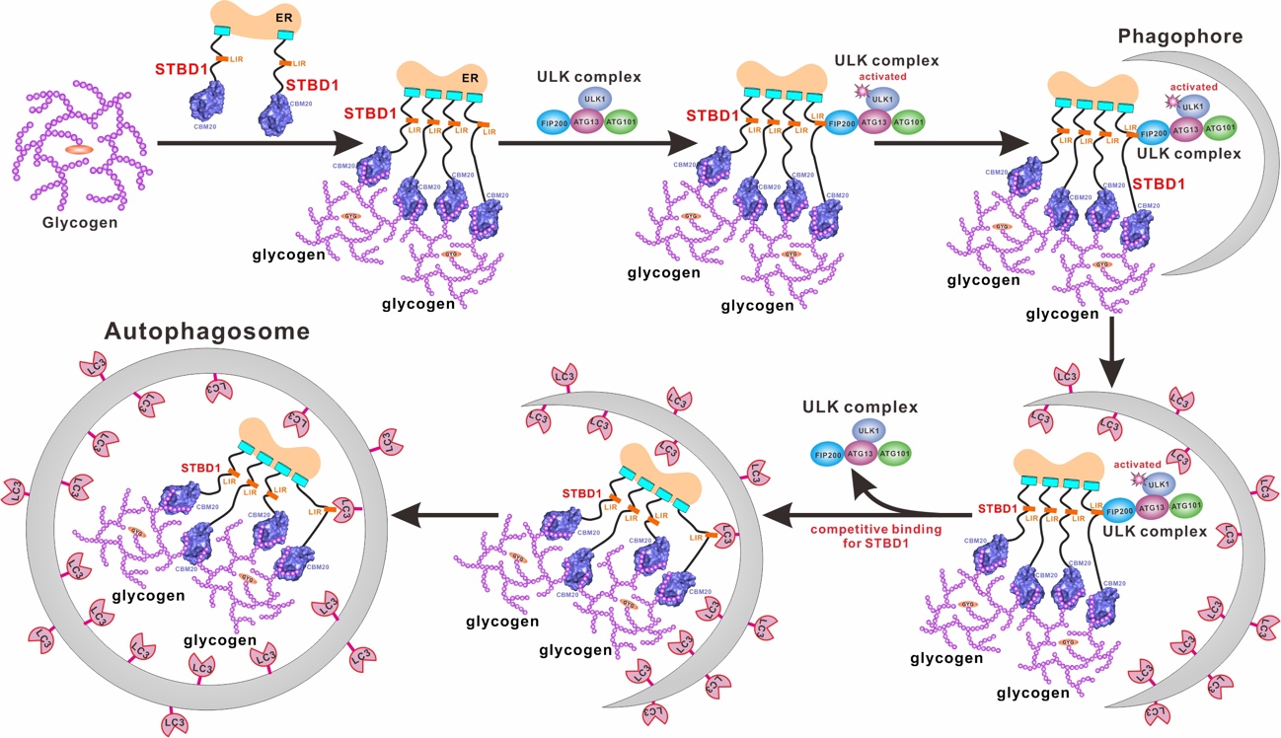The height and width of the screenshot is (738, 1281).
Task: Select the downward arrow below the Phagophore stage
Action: click(x=1112, y=350)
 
